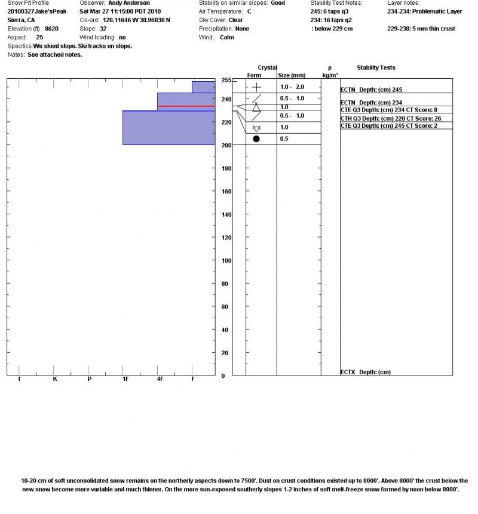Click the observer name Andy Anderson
129,3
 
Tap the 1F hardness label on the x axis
125,379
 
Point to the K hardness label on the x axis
55,379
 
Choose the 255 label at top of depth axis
226,80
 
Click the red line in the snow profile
186,106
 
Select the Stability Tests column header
376,68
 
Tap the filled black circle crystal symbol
256,139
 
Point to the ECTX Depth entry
365,372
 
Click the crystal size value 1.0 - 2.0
292,87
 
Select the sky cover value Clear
235,20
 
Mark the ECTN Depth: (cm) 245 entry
371,90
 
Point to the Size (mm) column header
292,75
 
